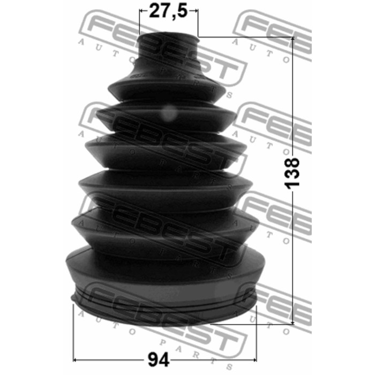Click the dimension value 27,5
point(168,11)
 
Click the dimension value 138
point(292,173)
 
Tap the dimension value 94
point(159,359)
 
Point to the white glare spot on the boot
point(169,113)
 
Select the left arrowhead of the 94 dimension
point(75,359)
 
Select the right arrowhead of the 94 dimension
point(254,359)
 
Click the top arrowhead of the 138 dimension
point(293,40)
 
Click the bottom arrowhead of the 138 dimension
point(293,322)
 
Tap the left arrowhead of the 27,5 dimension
point(141,11)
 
